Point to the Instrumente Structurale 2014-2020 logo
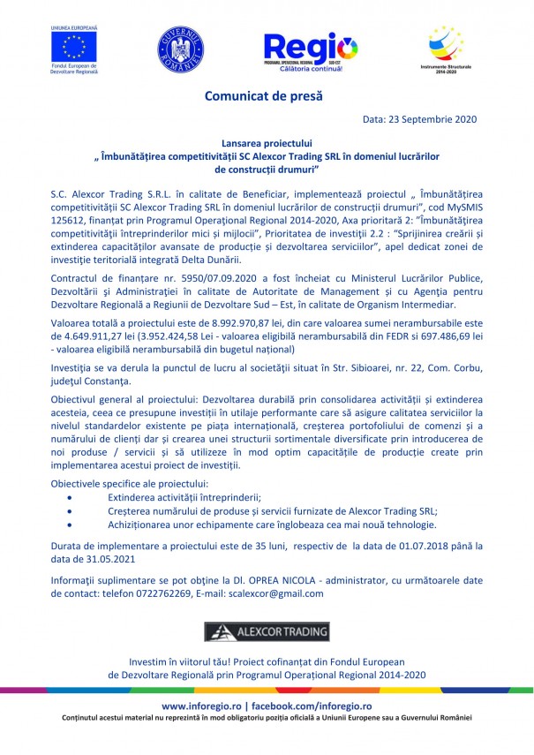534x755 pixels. [447, 48]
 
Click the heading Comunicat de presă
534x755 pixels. [264, 94]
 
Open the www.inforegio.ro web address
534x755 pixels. [205, 707]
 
